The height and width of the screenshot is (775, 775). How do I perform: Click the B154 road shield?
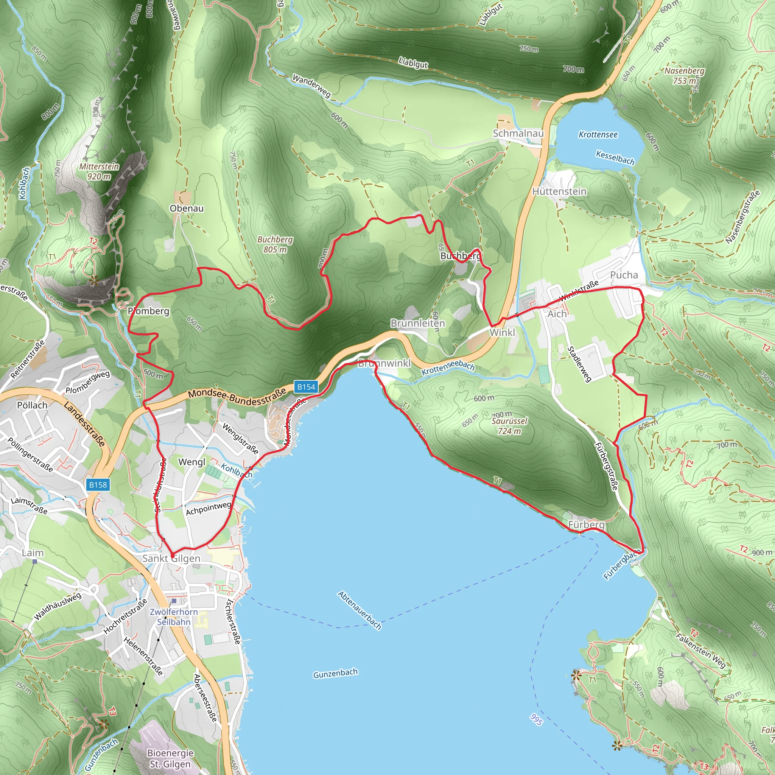pyautogui.click(x=306, y=387)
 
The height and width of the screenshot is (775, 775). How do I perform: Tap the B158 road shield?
pyautogui.click(x=98, y=485)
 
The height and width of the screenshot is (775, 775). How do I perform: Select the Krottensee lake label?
pyautogui.click(x=598, y=135)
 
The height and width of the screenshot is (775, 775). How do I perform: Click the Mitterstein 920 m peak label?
pyautogui.click(x=99, y=171)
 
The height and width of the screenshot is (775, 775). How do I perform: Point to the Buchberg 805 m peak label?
pyautogui.click(x=275, y=244)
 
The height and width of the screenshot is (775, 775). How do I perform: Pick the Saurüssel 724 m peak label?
pyautogui.click(x=509, y=426)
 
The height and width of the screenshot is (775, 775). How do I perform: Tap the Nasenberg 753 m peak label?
pyautogui.click(x=684, y=75)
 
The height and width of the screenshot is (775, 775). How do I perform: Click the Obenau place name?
pyautogui.click(x=187, y=208)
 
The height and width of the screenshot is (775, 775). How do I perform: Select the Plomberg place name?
pyautogui.click(x=148, y=311)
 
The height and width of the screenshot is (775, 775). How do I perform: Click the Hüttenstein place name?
pyautogui.click(x=559, y=191)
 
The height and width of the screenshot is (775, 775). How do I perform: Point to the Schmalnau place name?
pyautogui.click(x=518, y=133)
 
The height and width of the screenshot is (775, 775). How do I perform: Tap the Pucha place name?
pyautogui.click(x=624, y=275)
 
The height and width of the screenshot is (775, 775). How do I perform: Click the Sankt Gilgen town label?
pyautogui.click(x=171, y=559)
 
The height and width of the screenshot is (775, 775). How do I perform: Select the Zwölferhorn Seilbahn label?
pyautogui.click(x=174, y=616)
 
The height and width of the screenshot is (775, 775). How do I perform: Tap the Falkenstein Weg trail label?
pyautogui.click(x=700, y=651)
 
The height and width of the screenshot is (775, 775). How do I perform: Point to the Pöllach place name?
pyautogui.click(x=32, y=405)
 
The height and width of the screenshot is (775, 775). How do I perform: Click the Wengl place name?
pyautogui.click(x=191, y=462)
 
